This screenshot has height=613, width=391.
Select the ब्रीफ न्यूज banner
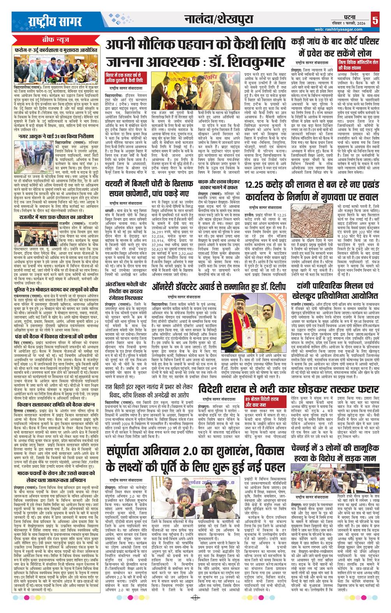point(55,40)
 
